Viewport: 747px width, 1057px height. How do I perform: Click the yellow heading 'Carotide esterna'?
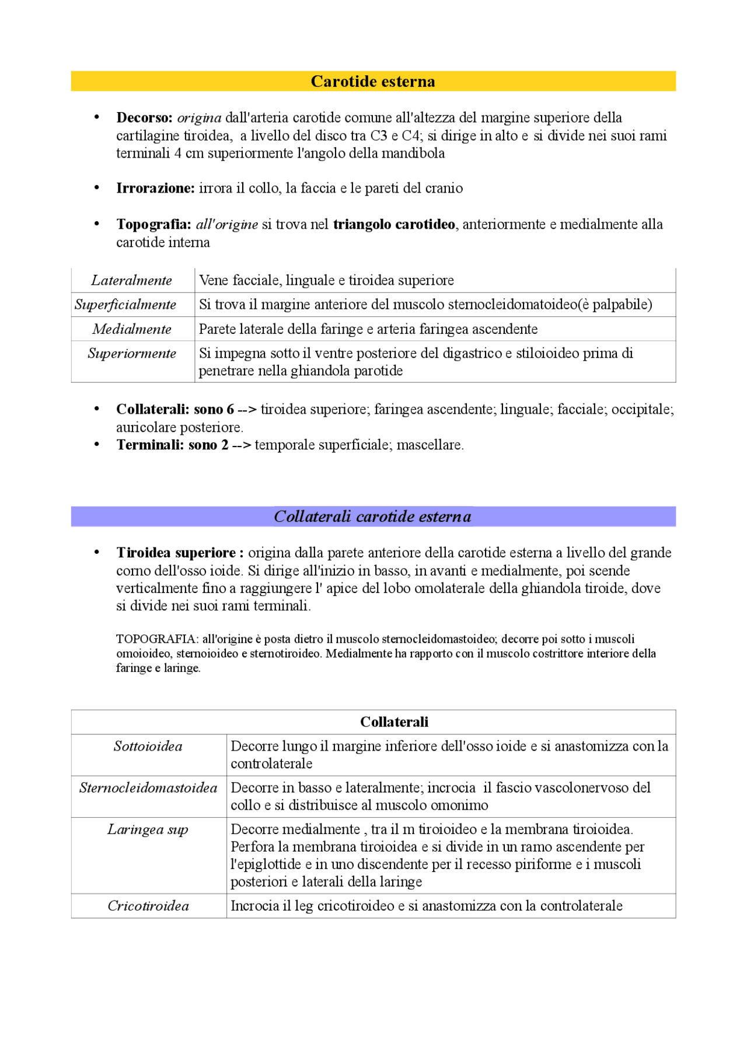(372, 81)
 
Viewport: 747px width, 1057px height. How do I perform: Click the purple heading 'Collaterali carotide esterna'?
(372, 517)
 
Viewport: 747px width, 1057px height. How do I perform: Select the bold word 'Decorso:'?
(144, 118)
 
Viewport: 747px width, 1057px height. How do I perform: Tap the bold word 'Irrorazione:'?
(155, 189)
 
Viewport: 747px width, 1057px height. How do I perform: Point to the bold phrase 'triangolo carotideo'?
(394, 225)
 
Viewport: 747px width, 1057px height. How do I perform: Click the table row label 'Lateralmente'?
(132, 281)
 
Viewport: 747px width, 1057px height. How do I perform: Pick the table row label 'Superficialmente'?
(125, 305)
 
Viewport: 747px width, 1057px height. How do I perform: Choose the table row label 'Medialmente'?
(132, 329)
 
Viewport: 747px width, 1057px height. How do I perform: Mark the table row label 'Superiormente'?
(132, 354)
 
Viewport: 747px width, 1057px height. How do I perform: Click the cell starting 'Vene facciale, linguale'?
(326, 281)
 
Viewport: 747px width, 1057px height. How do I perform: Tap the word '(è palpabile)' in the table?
(615, 305)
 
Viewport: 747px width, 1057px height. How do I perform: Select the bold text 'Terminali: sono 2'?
(172, 445)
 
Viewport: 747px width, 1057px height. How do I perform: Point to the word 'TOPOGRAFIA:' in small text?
(158, 639)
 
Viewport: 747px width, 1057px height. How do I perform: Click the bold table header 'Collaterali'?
(394, 722)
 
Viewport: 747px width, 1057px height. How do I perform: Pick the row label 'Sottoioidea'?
(148, 746)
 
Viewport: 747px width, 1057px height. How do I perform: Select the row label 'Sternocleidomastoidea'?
(148, 788)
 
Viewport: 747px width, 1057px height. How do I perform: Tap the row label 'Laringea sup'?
(148, 829)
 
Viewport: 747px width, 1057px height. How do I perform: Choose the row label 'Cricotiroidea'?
(148, 906)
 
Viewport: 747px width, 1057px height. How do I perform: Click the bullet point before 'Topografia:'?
(97, 225)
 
